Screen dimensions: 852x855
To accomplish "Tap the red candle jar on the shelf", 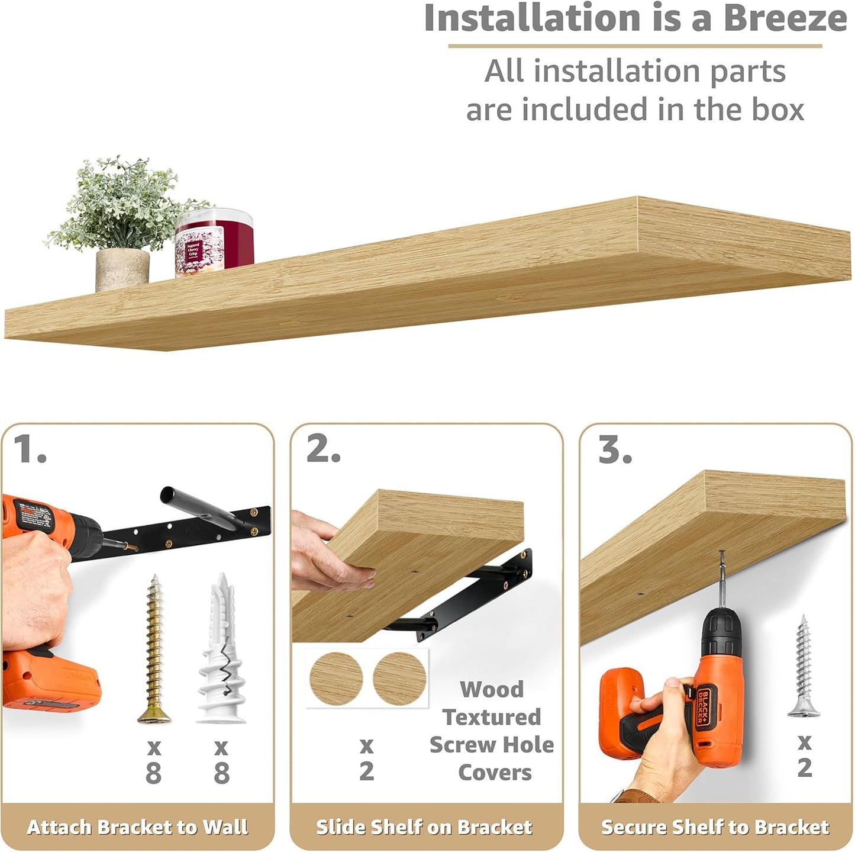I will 214,244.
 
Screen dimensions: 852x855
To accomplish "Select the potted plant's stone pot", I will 122,269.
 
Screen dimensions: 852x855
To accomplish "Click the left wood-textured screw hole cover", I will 336,679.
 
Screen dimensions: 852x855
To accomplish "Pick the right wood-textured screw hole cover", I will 399,679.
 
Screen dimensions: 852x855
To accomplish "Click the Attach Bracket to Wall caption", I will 137,827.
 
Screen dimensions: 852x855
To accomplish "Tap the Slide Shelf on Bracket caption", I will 424,827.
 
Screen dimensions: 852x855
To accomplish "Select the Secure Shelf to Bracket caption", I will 715,827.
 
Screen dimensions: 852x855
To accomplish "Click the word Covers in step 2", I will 495,773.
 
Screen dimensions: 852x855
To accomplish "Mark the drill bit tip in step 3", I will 721,554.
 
